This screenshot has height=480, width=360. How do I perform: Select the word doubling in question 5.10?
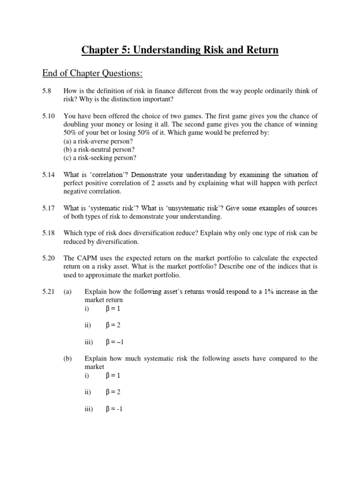pos(78,125)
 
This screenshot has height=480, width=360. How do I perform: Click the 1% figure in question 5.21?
pos(247,292)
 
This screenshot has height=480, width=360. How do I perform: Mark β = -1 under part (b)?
pos(114,409)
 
